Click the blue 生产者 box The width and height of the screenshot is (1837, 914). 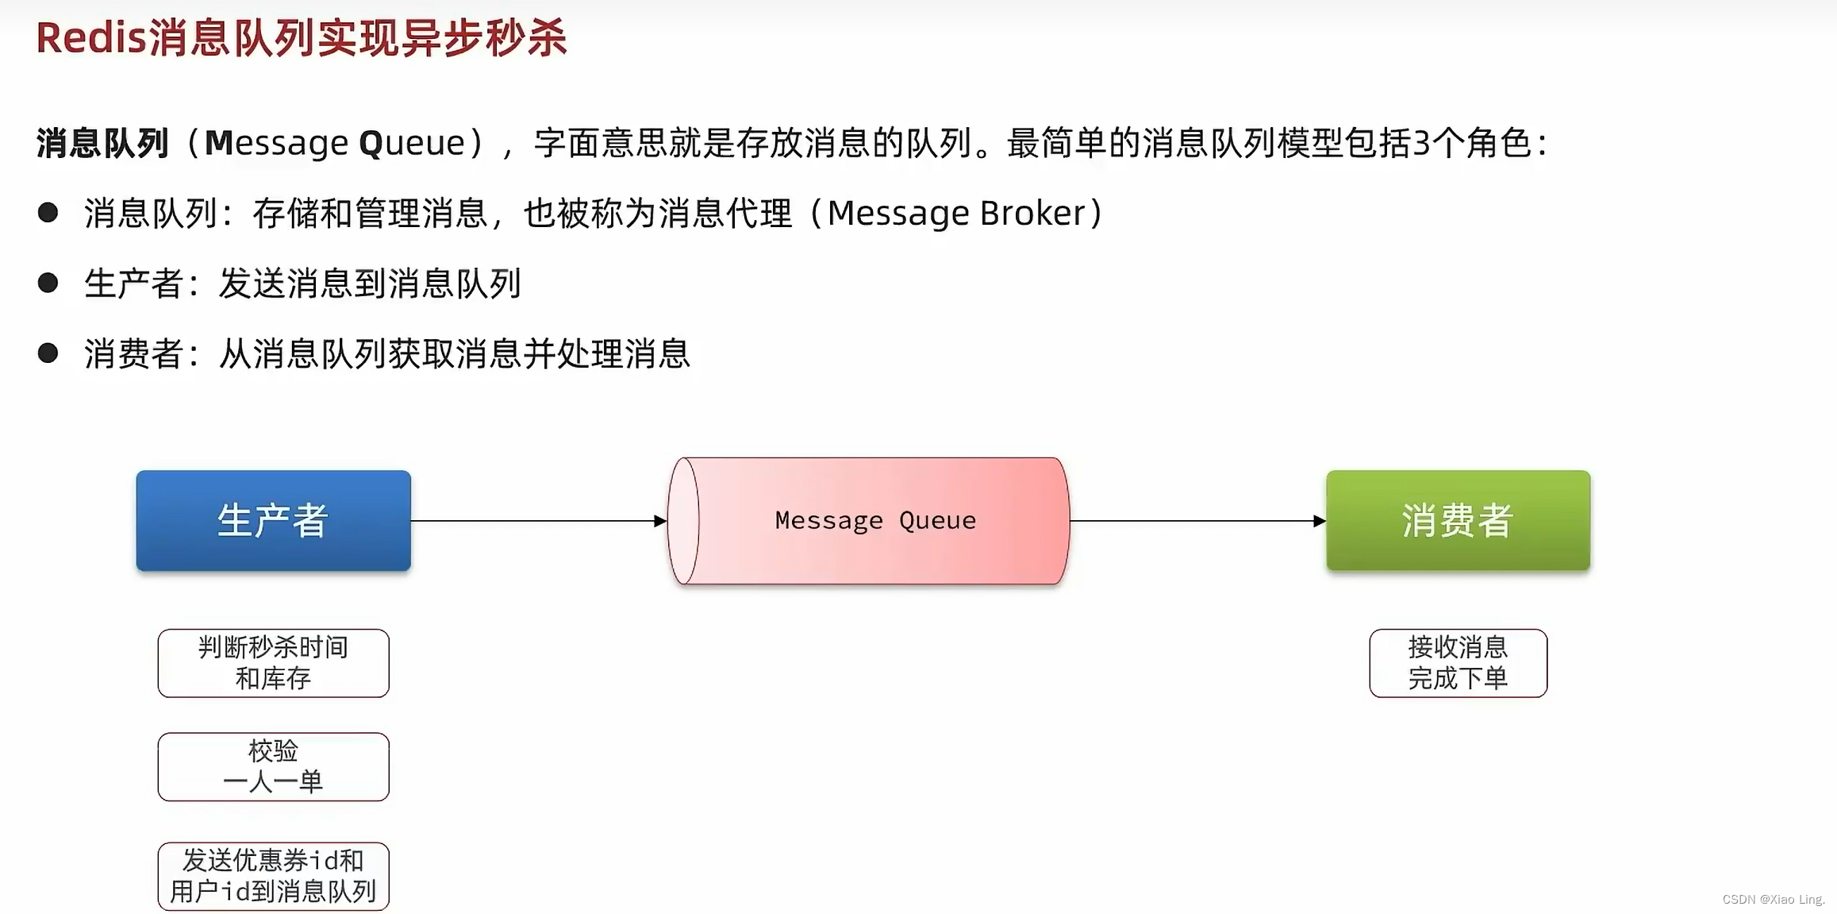(x=273, y=520)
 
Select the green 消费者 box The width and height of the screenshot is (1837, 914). (x=1458, y=520)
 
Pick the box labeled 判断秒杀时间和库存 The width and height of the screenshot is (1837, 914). (x=273, y=663)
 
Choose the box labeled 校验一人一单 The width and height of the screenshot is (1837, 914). (x=273, y=766)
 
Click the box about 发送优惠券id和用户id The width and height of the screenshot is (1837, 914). (x=273, y=876)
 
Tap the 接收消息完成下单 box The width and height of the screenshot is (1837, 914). (x=1458, y=663)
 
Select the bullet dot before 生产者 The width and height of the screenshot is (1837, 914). (x=48, y=283)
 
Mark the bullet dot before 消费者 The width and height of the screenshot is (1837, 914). (x=48, y=353)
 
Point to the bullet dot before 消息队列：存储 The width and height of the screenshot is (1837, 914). (x=48, y=212)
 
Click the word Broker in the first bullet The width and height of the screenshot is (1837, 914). (x=1032, y=213)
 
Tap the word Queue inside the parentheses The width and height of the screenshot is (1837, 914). (x=412, y=143)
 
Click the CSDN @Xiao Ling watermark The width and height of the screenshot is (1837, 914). (x=1774, y=899)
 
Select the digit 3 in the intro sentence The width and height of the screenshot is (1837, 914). (x=1421, y=143)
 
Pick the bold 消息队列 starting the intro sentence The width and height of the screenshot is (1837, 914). (x=102, y=143)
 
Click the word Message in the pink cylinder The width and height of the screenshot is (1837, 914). (x=828, y=520)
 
